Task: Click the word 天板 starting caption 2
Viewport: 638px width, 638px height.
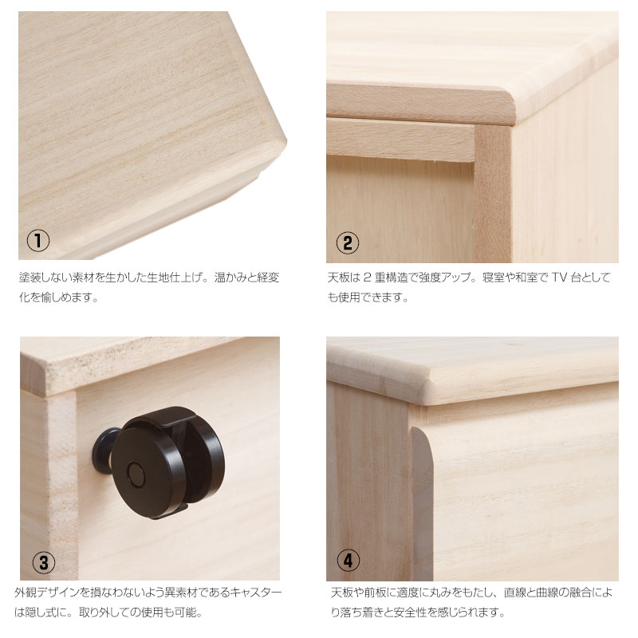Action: tap(338, 278)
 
